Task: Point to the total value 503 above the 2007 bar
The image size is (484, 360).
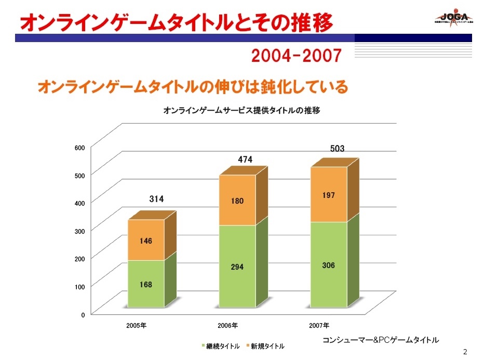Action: [337, 149]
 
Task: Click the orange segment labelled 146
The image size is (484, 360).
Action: [146, 241]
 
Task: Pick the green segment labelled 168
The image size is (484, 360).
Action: [146, 284]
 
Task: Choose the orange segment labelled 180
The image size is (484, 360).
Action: [237, 201]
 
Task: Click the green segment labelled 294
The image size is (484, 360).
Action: [237, 266]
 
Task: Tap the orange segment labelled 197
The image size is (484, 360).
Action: [328, 195]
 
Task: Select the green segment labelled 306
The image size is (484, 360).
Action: [328, 265]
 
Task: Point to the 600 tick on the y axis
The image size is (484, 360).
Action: [79, 148]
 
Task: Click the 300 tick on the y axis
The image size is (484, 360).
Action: [79, 230]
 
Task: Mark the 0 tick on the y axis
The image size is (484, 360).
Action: [83, 314]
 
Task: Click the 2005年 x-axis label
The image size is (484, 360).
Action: [136, 326]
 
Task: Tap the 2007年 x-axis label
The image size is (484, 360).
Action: [319, 326]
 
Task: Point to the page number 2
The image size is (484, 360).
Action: [465, 352]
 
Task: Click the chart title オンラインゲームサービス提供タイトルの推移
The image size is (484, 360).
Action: [241, 110]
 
